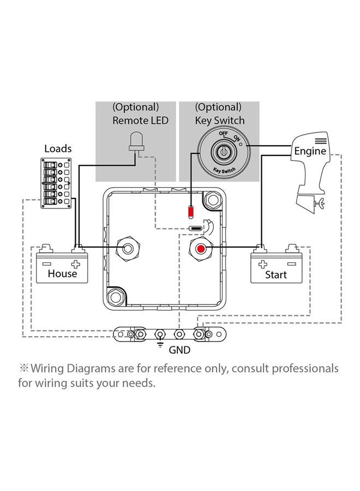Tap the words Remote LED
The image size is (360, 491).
coord(140,121)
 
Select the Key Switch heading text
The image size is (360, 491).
coord(220,121)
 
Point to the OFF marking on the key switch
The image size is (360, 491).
coord(223,134)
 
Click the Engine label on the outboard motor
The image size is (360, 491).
coord(310,151)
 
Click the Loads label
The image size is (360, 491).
coord(57,148)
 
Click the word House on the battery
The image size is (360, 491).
coord(62,273)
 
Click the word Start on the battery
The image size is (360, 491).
coord(275,276)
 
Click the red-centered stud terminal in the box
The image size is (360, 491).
coord(201,249)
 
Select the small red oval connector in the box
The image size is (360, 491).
coord(191,211)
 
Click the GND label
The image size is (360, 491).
coord(179,350)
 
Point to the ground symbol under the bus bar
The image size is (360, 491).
coord(160,344)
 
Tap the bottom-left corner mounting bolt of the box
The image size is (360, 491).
coord(116,298)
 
